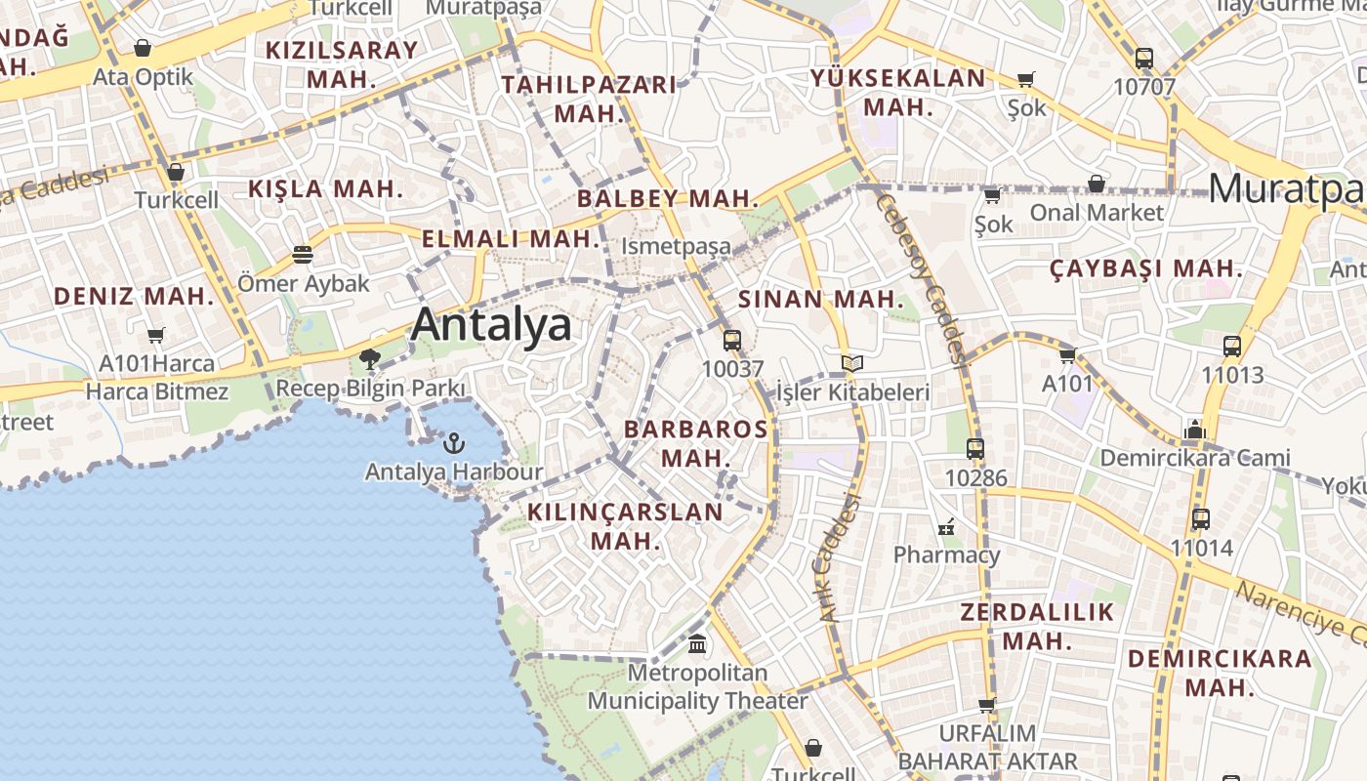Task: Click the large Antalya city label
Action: tap(491, 324)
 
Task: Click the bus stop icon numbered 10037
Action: tap(732, 341)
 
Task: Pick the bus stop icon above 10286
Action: tap(974, 449)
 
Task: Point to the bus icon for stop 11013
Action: tap(1232, 346)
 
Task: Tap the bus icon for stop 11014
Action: tap(1201, 519)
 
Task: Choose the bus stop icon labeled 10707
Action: tap(1144, 59)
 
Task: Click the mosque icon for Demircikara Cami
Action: tap(1194, 429)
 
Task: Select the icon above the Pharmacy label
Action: tap(946, 528)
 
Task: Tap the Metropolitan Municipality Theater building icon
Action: tap(697, 644)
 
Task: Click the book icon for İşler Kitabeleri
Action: tap(852, 364)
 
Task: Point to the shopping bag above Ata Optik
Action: tap(143, 48)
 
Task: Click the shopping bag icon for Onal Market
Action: tap(1097, 184)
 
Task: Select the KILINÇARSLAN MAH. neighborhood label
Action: tap(626, 525)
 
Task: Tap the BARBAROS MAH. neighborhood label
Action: tap(695, 442)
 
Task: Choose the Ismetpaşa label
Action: tap(676, 246)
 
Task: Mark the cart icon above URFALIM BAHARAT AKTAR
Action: tap(987, 705)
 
